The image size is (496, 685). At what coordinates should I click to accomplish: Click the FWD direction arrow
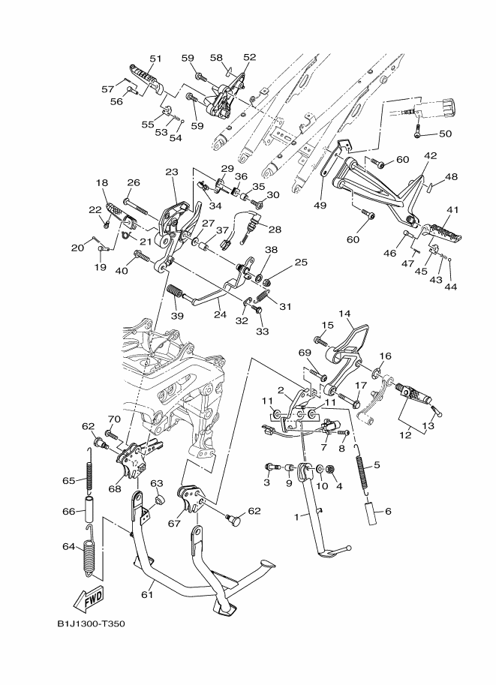point(89,599)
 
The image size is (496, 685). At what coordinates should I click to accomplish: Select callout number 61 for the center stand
point(147,595)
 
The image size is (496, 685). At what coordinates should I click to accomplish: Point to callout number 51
point(155,59)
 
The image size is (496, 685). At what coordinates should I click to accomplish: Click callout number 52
point(249,57)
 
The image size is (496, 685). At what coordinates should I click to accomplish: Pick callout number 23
point(171,172)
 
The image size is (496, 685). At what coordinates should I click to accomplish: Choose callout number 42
point(430,157)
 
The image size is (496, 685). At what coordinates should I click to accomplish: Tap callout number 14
point(344,314)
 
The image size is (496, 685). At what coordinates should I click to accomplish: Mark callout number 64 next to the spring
point(68,547)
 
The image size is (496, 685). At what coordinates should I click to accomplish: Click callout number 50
point(445,134)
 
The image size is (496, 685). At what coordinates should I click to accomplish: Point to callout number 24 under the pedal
point(219,316)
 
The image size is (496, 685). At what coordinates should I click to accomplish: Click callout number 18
point(102,183)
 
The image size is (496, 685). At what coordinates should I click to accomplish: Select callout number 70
point(114,419)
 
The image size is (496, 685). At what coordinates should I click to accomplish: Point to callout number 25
point(301,263)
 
